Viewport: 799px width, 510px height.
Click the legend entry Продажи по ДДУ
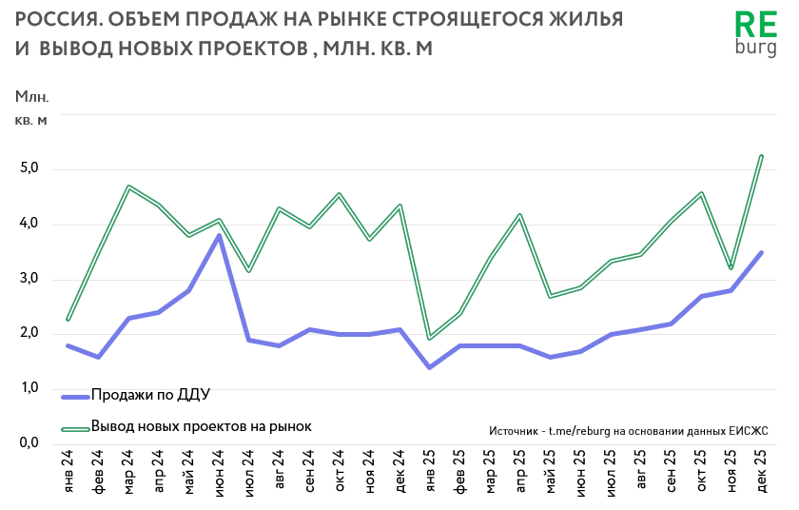click(x=150, y=395)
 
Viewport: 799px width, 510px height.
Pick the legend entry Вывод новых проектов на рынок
click(x=201, y=426)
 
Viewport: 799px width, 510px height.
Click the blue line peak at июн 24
click(x=219, y=235)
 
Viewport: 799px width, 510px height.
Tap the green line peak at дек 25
click(x=761, y=156)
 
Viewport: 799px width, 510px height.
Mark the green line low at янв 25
click(x=429, y=338)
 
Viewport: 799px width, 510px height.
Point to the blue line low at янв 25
click(x=429, y=366)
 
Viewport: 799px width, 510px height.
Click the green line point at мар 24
click(x=128, y=186)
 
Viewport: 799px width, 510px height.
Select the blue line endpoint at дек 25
click(x=761, y=252)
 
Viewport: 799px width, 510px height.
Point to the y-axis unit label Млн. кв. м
click(x=30, y=108)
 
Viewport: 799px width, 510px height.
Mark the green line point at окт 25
click(x=701, y=193)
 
